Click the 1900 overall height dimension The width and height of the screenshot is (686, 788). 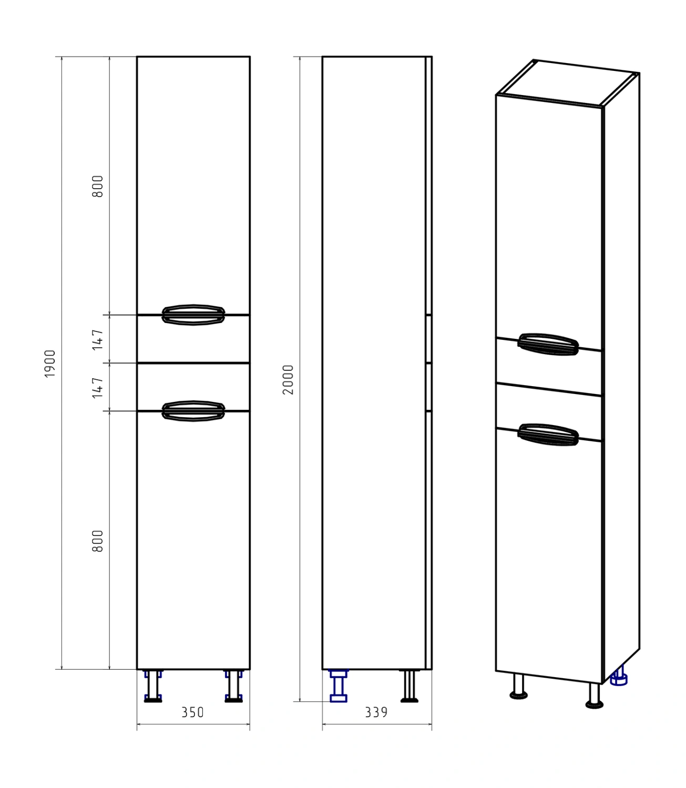click(x=50, y=364)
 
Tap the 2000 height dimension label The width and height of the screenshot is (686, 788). click(x=288, y=379)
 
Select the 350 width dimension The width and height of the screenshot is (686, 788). click(x=193, y=712)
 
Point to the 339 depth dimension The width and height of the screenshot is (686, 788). click(x=376, y=712)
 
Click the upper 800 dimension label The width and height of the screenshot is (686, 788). click(x=98, y=186)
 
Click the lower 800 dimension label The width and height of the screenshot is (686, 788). click(x=98, y=541)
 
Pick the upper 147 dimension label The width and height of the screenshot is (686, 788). click(x=98, y=340)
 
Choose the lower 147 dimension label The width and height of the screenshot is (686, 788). click(x=98, y=388)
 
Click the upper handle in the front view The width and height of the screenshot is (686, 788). click(x=193, y=315)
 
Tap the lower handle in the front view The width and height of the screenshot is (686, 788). click(x=193, y=411)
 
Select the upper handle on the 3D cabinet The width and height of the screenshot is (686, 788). click(x=548, y=344)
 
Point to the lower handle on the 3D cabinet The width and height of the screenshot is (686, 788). click(x=548, y=435)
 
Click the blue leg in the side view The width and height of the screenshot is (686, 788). click(x=339, y=686)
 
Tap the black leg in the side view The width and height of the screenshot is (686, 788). click(x=409, y=686)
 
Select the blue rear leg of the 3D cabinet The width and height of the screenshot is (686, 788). click(x=619, y=676)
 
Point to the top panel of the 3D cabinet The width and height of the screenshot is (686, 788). click(x=568, y=82)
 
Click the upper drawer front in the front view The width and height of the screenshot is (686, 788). click(x=193, y=339)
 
